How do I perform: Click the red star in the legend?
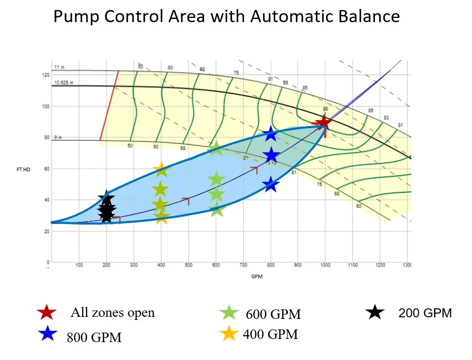coord(47,313)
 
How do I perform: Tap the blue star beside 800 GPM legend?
coord(47,334)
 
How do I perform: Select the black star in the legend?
coord(375,313)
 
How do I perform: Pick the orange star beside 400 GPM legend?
coord(229,334)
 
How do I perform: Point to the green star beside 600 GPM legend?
coord(229,313)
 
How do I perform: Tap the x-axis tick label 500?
coord(188,265)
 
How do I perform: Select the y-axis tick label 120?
coord(46,75)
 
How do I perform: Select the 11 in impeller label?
coord(59,67)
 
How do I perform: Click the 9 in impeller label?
coord(58,138)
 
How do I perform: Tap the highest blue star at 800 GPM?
coord(271,133)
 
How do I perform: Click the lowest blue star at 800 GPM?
coord(271,184)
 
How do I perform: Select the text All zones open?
coord(113,313)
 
